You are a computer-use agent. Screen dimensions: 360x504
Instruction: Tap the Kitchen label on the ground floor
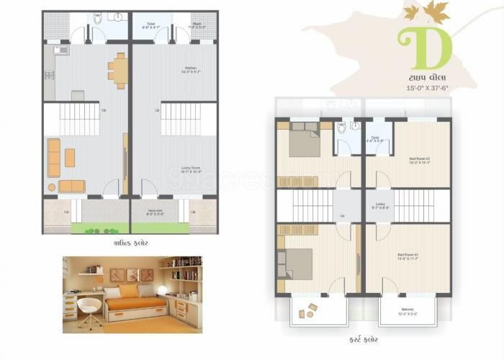[190, 69]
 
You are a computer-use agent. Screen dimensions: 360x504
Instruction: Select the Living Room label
[191, 170]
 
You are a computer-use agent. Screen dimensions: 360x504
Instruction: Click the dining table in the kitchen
[120, 70]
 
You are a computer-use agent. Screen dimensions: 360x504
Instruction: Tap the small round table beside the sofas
[52, 186]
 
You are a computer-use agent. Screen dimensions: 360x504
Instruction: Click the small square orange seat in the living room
[70, 157]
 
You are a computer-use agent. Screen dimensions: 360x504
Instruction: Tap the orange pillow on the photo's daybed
[128, 292]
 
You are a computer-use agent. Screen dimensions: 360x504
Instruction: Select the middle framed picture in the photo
[132, 274]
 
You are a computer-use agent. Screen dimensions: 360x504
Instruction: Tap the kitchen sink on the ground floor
[59, 50]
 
